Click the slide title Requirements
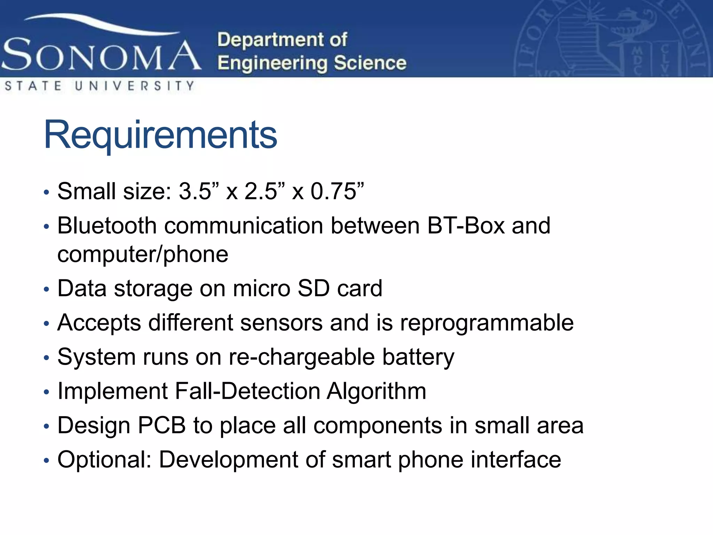[160, 135]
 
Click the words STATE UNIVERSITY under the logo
[99, 86]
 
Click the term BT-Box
[466, 225]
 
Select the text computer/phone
[143, 254]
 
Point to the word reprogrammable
[487, 323]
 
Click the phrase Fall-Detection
[247, 391]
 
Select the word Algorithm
[376, 391]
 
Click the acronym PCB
[162, 425]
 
